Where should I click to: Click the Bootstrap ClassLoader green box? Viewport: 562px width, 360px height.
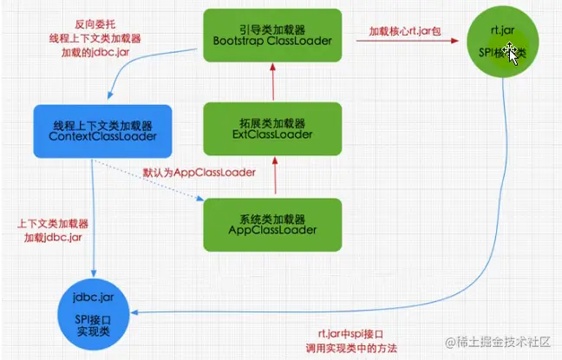point(275,36)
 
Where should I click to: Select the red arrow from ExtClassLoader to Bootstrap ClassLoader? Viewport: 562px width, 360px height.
point(275,84)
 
